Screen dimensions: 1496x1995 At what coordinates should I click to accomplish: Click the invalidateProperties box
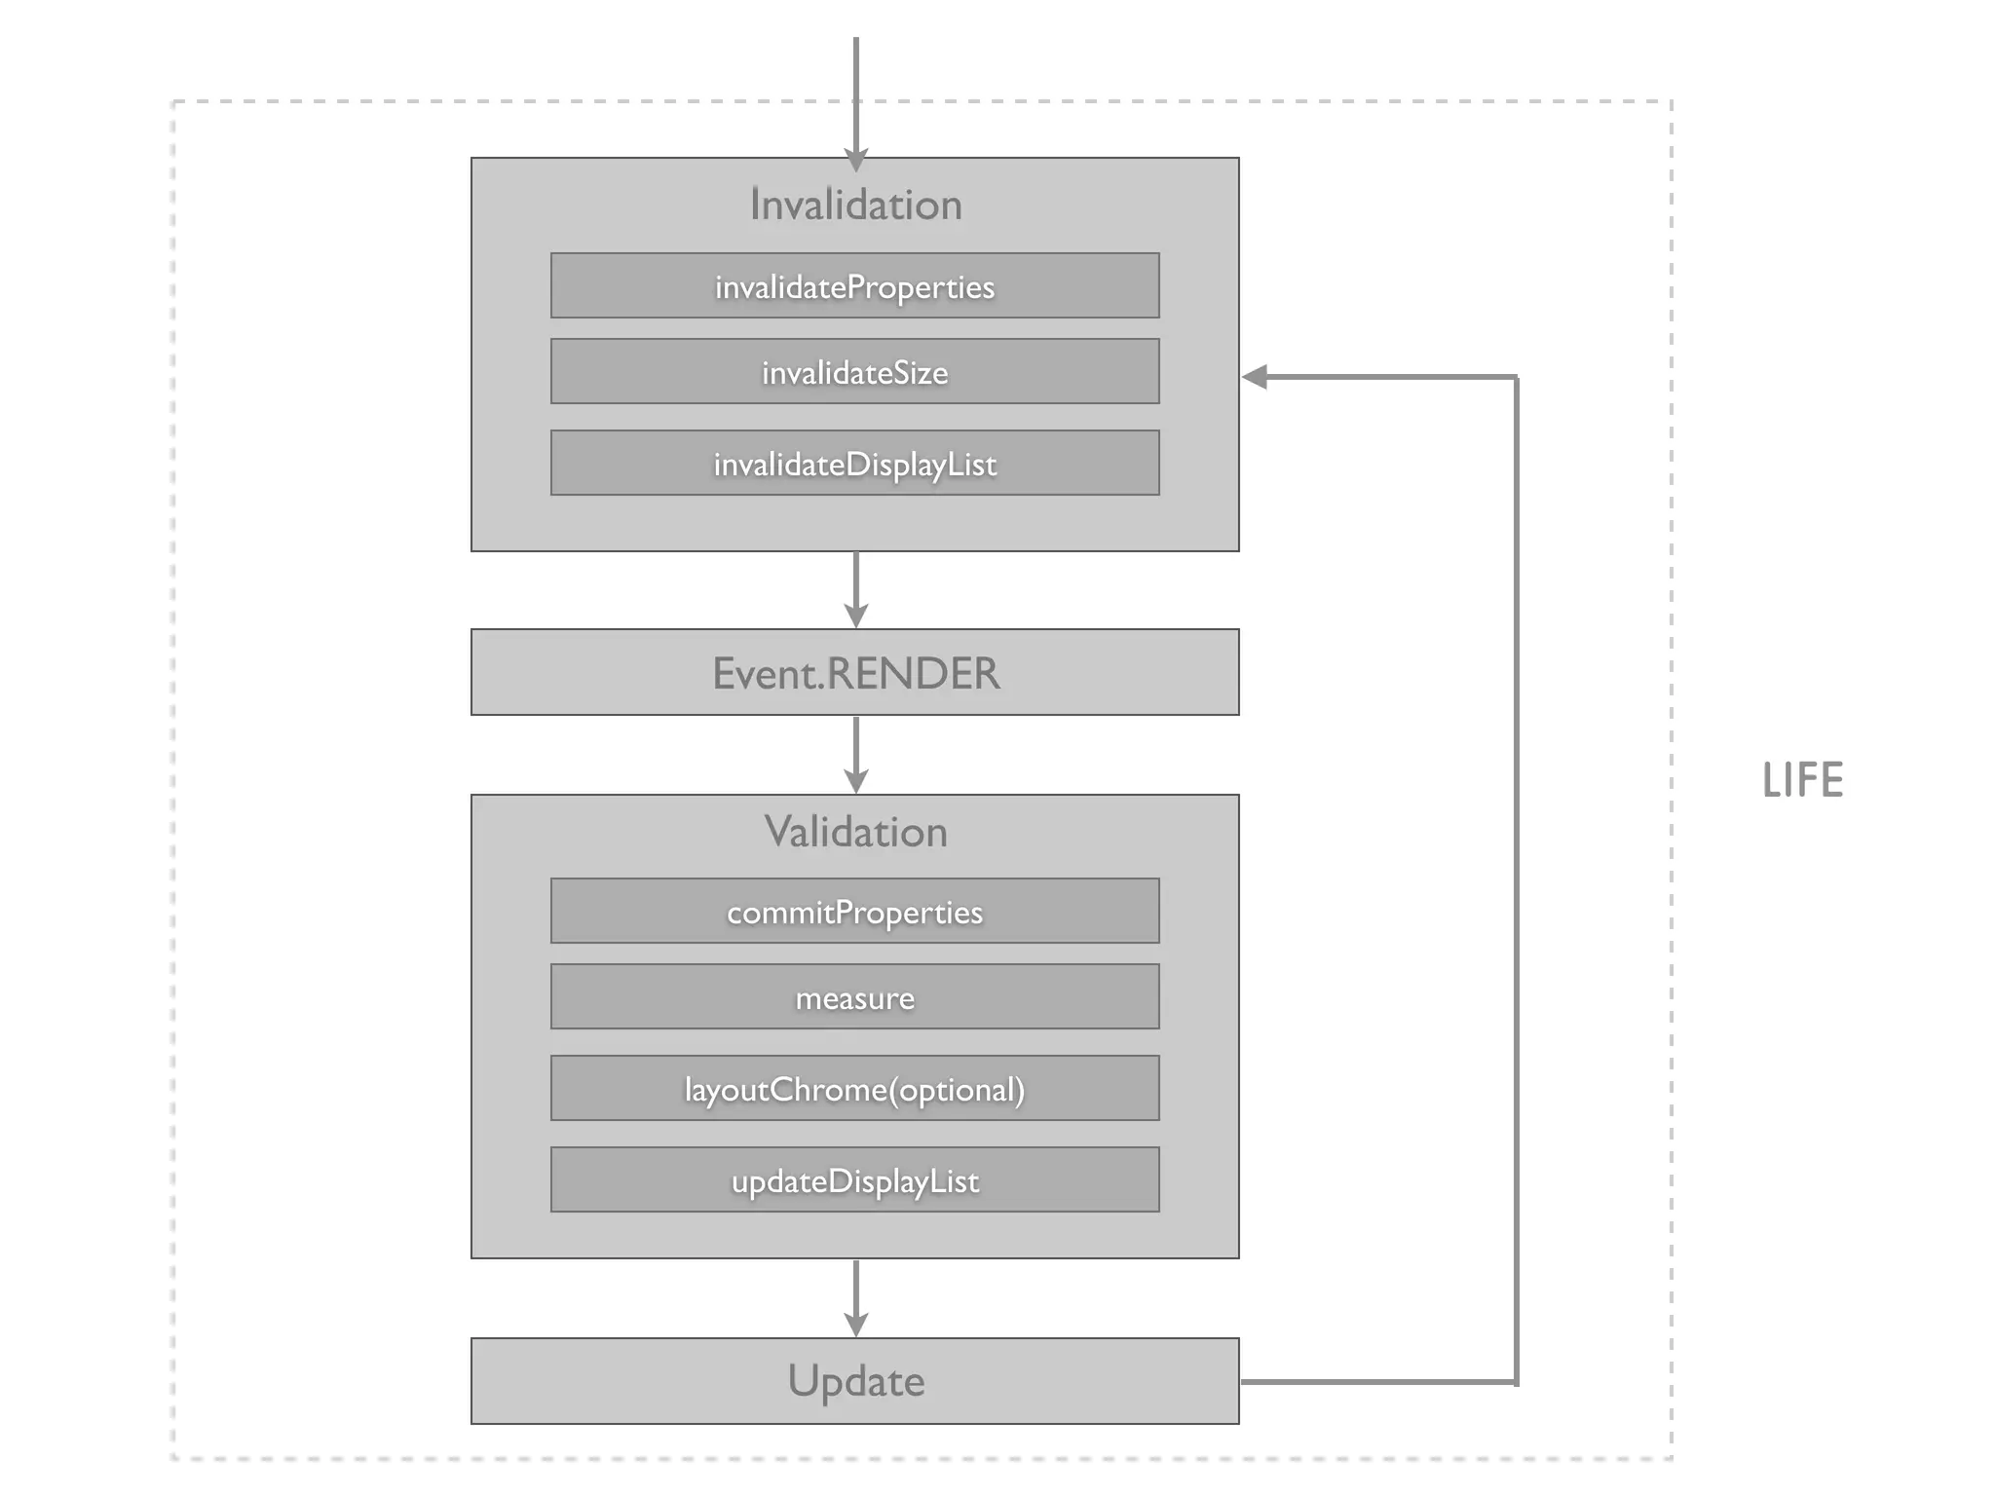[854, 285]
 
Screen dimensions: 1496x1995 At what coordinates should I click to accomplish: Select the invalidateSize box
[854, 371]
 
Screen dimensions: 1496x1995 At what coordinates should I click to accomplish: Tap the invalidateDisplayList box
[854, 463]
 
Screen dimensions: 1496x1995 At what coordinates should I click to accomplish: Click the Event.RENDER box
[854, 672]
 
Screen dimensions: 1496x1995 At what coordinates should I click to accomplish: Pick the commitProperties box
[854, 911]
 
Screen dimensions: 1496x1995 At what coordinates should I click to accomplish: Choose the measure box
[854, 996]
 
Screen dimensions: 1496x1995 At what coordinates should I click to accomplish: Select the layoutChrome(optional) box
[854, 1088]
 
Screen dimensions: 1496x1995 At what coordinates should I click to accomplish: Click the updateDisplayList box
[854, 1179]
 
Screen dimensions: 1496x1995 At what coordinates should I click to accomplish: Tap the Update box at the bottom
[854, 1381]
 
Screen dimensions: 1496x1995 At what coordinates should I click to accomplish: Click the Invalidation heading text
[854, 205]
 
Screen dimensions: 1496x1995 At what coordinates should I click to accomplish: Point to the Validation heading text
[854, 832]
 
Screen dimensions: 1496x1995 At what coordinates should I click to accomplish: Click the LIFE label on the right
[1802, 780]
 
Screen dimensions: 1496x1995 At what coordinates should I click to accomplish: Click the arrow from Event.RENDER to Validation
[855, 753]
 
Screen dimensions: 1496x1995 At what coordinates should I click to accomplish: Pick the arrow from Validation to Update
[855, 1295]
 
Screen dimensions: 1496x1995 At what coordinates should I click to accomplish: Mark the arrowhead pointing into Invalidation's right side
[1255, 377]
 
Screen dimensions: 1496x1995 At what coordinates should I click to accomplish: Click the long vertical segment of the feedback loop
[1516, 877]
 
